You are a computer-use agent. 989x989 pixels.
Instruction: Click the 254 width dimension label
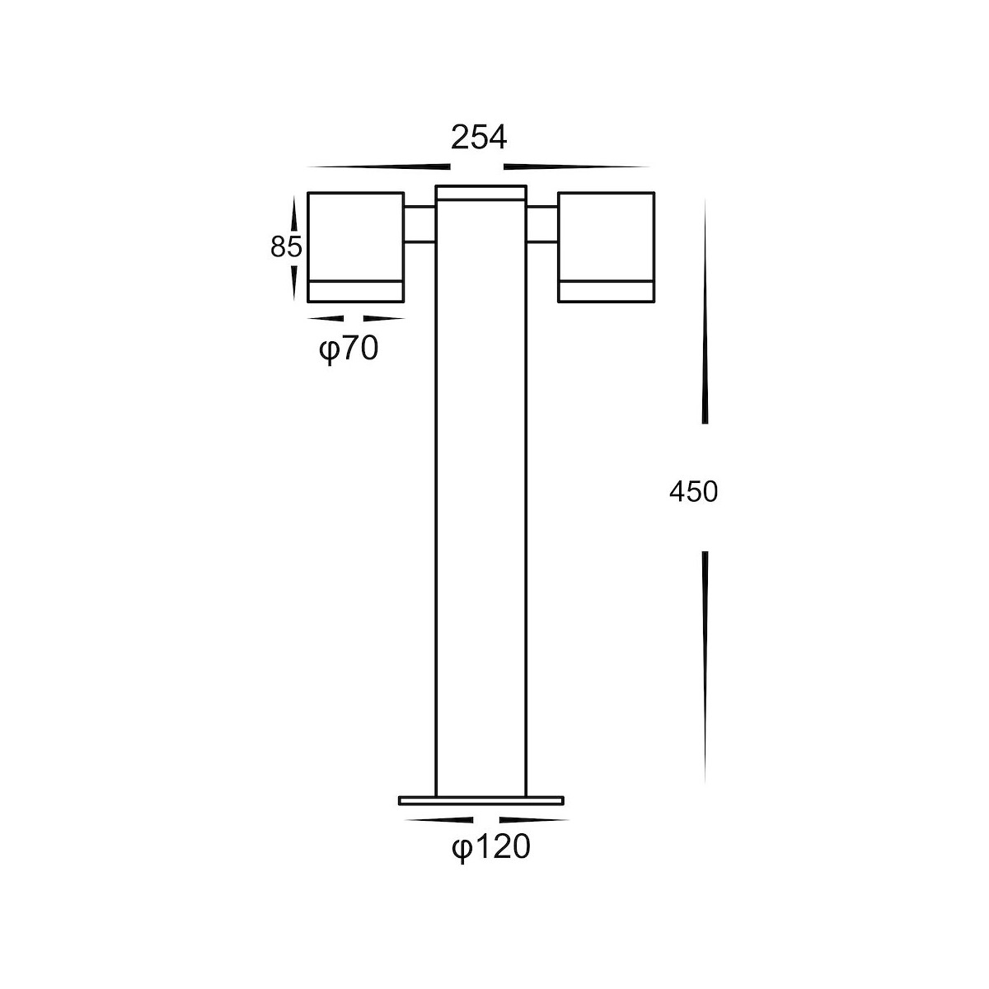coord(479,138)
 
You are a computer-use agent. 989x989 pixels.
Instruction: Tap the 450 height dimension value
coord(693,492)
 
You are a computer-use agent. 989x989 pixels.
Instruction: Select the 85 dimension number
coord(286,247)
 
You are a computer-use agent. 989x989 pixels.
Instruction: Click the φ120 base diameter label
coord(491,846)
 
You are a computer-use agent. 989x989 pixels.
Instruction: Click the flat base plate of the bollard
coord(481,800)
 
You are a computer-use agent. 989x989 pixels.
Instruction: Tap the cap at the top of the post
coord(480,193)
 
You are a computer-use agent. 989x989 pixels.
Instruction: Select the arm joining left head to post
coord(420,224)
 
